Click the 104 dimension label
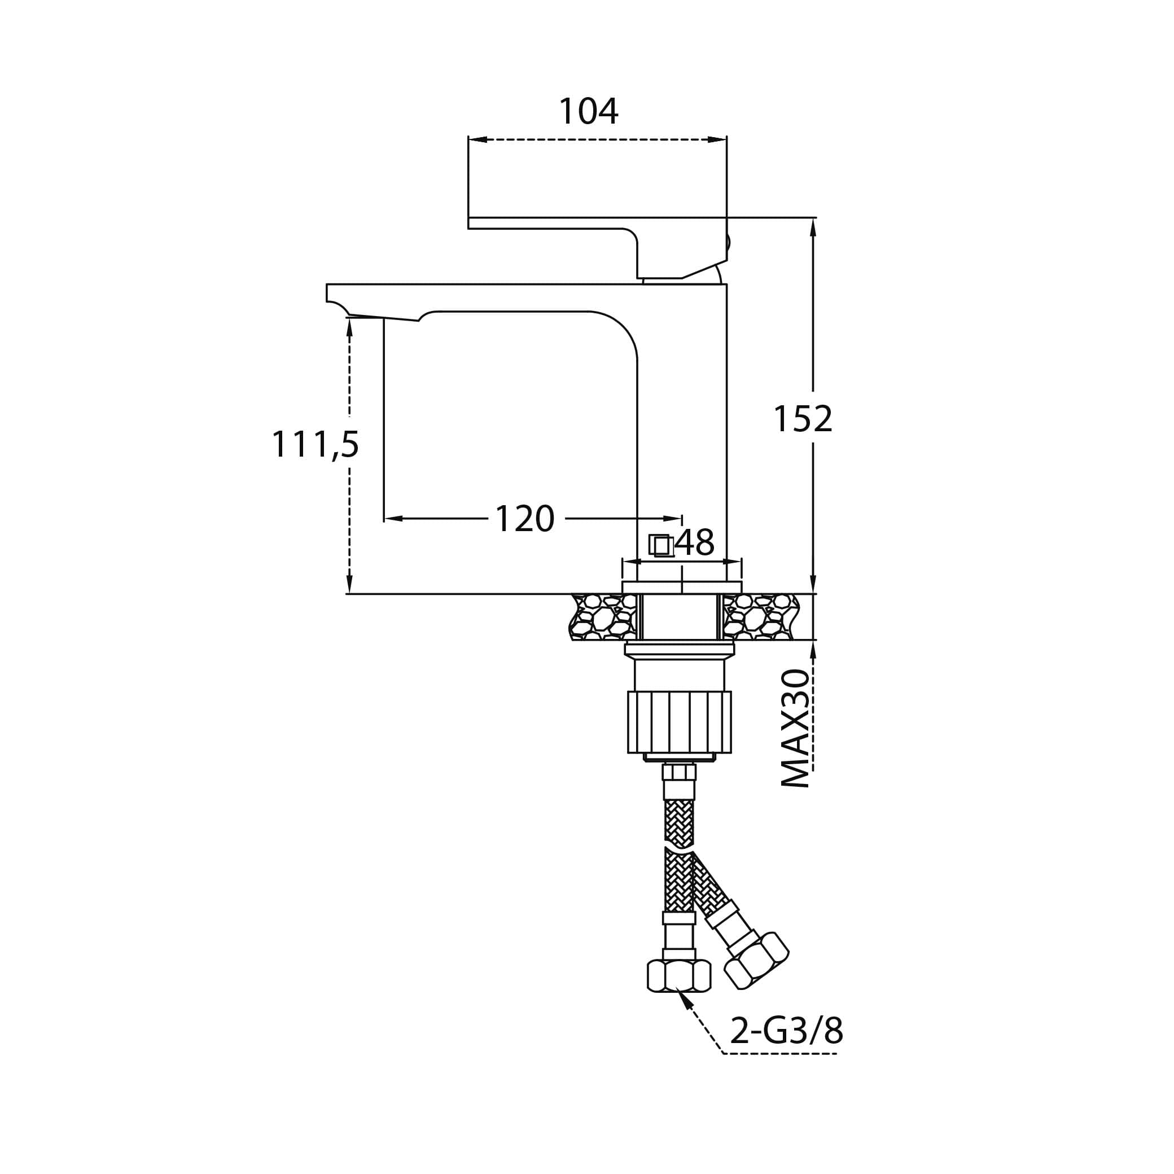tap(588, 112)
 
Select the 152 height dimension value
tap(803, 419)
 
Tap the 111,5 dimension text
tap(315, 445)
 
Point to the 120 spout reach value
tap(525, 519)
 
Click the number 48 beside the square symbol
tap(696, 542)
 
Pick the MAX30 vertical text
tap(795, 729)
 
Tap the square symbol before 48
tap(660, 545)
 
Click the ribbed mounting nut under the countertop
tap(680, 722)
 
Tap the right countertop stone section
tap(761, 617)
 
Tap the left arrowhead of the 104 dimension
tap(478, 140)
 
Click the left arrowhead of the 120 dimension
tap(394, 519)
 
